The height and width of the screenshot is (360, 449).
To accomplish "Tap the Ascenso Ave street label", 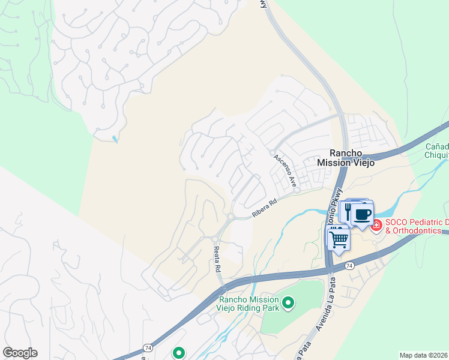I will pos(285,170).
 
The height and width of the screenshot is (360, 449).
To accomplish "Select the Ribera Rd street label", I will pos(264,208).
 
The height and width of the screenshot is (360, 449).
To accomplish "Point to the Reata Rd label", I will pos(215,256).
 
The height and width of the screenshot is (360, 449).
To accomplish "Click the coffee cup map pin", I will pos(362,214).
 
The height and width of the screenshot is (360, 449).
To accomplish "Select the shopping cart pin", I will pos(339,239).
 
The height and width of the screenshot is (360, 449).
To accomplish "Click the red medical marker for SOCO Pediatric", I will pos(376,225).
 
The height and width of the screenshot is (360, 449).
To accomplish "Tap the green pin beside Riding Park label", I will pos(288,303).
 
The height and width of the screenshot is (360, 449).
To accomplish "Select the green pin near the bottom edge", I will pos(178,353).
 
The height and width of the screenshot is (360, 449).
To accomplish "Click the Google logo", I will pos(20,353).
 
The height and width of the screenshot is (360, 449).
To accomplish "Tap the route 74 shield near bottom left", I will pos(147,348).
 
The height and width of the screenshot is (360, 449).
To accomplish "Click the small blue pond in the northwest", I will pos(115,139).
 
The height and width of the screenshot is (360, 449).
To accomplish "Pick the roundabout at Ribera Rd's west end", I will pos(230,217).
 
